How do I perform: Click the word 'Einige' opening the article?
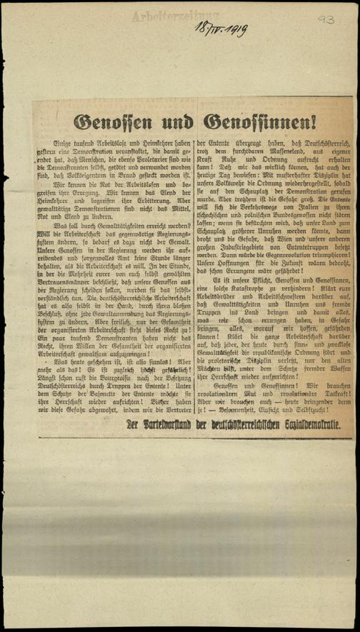72,145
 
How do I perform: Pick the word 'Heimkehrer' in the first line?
154,145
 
